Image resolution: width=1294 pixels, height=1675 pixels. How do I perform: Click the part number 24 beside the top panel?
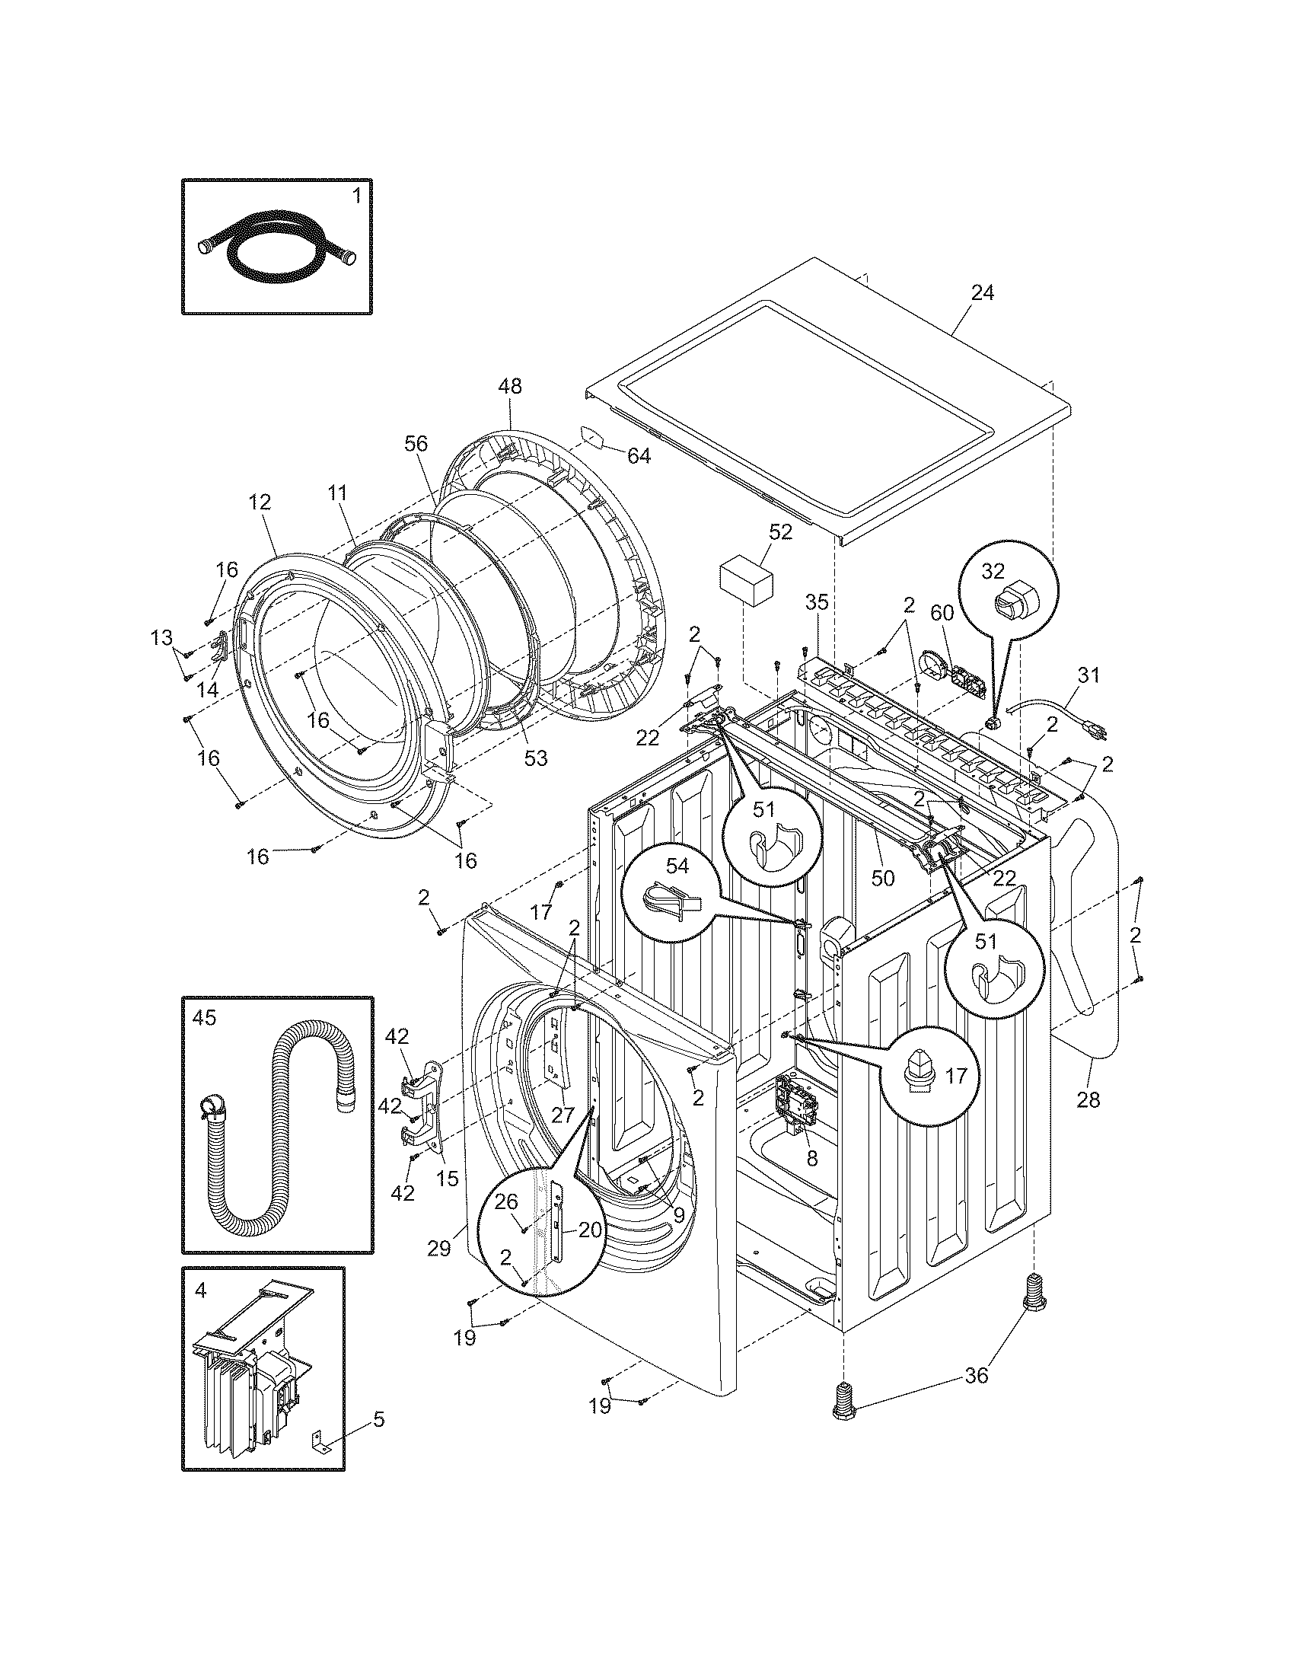tap(982, 292)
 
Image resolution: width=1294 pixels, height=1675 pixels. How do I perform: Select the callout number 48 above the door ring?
tap(510, 386)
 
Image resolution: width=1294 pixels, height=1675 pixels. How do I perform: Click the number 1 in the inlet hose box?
tap(356, 196)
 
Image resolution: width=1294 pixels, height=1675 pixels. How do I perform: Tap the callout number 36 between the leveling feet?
tap(977, 1376)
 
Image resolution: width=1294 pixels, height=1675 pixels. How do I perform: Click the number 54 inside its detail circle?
tap(677, 866)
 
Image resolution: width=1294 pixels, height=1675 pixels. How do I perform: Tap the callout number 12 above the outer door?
tap(260, 502)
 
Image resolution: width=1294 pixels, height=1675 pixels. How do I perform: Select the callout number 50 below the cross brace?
tap(883, 877)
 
